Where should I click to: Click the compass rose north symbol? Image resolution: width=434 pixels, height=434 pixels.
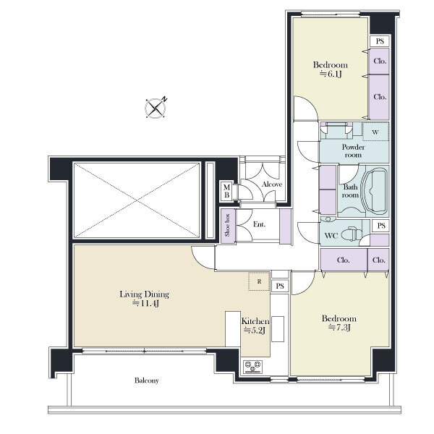156,108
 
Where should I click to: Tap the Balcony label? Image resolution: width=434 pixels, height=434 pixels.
147,380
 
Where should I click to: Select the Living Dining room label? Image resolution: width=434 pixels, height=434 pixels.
144,294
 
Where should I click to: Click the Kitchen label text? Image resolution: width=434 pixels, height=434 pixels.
255,321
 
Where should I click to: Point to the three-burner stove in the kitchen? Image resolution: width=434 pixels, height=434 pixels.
252,367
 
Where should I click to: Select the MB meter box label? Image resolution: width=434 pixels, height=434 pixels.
226,191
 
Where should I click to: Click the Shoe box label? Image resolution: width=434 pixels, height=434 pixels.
228,225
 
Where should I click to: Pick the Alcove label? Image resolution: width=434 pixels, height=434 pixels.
272,184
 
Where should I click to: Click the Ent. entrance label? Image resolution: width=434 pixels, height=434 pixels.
259,224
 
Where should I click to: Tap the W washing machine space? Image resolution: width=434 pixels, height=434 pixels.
375,132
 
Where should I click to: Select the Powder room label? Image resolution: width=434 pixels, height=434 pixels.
353,151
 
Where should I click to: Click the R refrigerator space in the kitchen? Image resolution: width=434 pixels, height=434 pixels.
259,281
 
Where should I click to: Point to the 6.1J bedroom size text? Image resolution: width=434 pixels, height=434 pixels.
331,74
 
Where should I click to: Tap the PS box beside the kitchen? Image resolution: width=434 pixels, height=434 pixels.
280,286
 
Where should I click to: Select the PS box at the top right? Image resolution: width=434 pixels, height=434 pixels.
380,41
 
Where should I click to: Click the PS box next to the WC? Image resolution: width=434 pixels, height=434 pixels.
381,226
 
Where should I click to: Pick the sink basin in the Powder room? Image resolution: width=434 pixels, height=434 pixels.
336,129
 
